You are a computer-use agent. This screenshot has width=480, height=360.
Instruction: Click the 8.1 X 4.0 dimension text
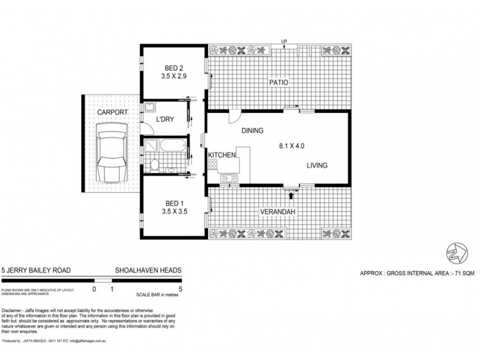tap(295, 145)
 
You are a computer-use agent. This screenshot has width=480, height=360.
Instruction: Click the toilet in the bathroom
tap(155, 164)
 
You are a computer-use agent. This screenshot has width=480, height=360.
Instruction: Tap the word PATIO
tap(277, 83)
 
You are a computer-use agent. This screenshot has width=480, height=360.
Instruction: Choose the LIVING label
tap(317, 166)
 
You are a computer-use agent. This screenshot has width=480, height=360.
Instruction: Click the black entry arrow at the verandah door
tap(292, 194)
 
